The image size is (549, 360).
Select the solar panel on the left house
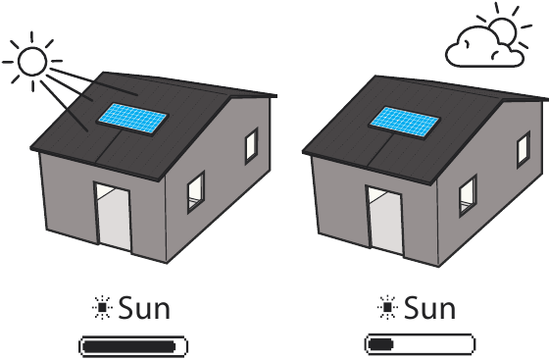pos(132,118)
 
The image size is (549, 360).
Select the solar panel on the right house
pos(404,122)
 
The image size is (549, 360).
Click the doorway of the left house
pos(114,217)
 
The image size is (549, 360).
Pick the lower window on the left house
pos(196,191)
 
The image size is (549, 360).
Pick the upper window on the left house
pos(251,146)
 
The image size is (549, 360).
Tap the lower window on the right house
pos(469,195)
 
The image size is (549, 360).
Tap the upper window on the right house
pos(524,149)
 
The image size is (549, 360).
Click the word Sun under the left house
pos(144,308)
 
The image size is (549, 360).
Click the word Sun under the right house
pos(430,308)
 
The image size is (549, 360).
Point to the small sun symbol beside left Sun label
pos(102,308)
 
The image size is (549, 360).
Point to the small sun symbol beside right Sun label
pos(387,308)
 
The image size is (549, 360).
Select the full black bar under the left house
pos(128,346)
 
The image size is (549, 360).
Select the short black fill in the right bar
pos(381,344)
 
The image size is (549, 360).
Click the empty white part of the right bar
pos(432,344)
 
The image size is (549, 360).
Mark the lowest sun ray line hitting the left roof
pos(64,107)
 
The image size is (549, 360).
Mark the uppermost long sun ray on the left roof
pos(94,82)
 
